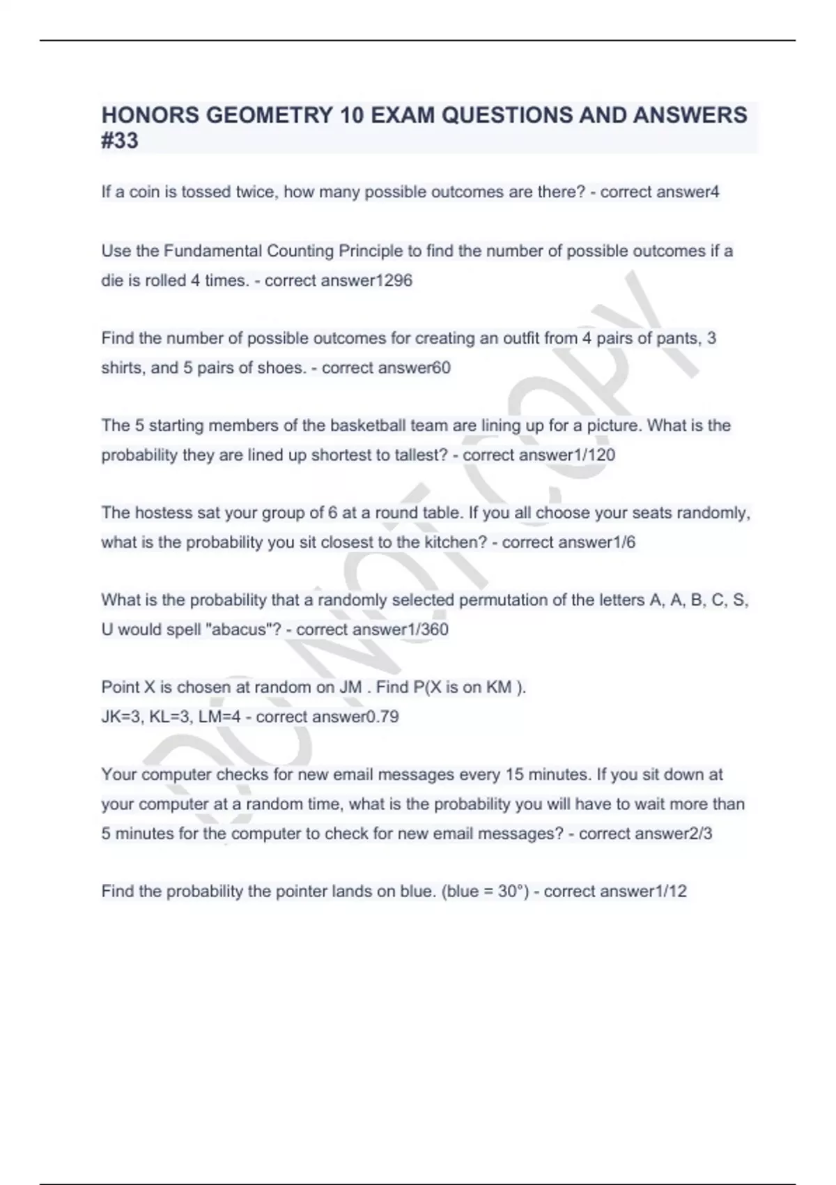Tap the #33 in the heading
120,141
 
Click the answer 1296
394,281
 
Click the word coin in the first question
145,192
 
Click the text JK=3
122,717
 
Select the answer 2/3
700,834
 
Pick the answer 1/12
672,892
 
